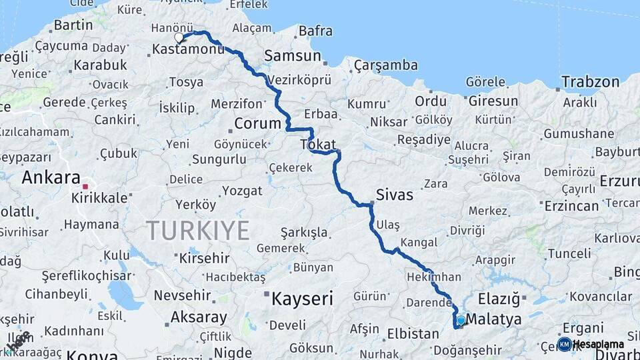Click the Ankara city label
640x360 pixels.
click(51, 177)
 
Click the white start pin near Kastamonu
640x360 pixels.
click(179, 38)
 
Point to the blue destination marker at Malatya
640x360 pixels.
click(461, 320)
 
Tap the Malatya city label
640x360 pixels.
click(494, 320)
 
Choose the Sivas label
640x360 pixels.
click(395, 195)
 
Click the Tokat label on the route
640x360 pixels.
click(318, 144)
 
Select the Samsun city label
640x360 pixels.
click(293, 56)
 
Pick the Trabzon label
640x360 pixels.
click(590, 81)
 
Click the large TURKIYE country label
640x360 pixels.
click(198, 231)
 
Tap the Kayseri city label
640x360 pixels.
click(302, 298)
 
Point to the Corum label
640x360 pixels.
click(257, 123)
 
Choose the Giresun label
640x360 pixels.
click(493, 102)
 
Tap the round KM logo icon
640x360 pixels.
click(564, 344)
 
